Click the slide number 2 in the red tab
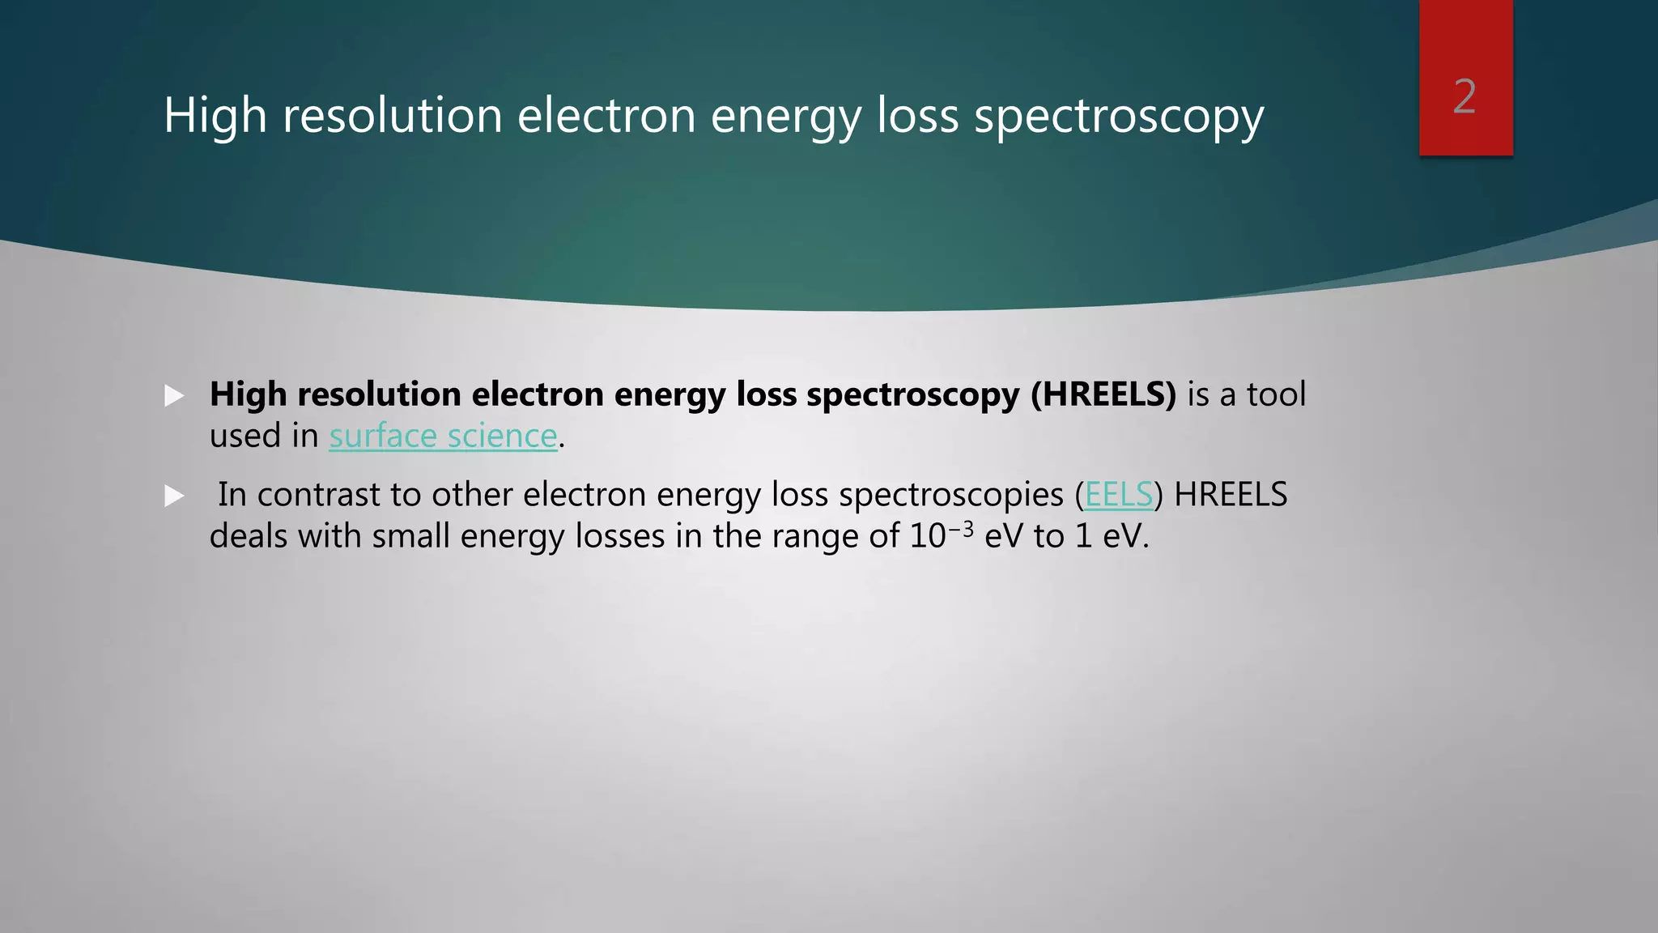[x=1465, y=97]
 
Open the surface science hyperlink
[x=443, y=437]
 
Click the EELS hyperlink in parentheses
[x=1118, y=495]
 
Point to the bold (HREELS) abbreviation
[x=1103, y=394]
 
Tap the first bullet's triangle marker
[x=174, y=396]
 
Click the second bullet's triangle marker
[x=174, y=496]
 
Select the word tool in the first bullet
[x=1276, y=394]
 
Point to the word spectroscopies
[x=951, y=495]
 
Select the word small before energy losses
[x=410, y=536]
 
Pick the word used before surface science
[x=245, y=437]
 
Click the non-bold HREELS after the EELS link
[x=1231, y=495]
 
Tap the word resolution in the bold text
[x=380, y=394]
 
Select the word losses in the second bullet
[x=620, y=536]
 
